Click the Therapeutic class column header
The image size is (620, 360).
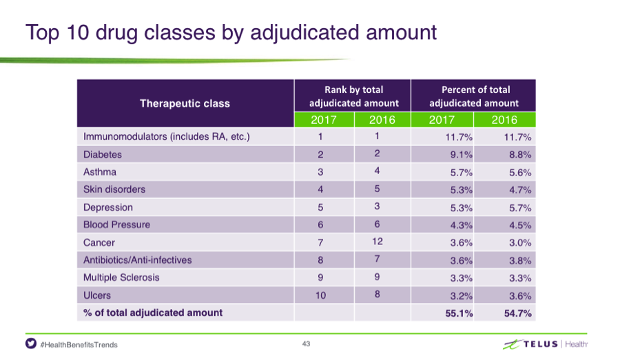pyautogui.click(x=185, y=103)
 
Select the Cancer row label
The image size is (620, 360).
pyautogui.click(x=99, y=242)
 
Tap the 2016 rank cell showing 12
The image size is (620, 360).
pyautogui.click(x=378, y=242)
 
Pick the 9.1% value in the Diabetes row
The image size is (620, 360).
pyautogui.click(x=461, y=154)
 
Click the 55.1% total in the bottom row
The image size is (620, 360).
pyautogui.click(x=459, y=313)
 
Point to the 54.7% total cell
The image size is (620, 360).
pyautogui.click(x=517, y=313)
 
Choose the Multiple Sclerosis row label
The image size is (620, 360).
pyautogui.click(x=121, y=277)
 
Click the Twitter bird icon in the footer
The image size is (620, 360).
pyautogui.click(x=31, y=343)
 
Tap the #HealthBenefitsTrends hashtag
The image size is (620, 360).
pyautogui.click(x=79, y=345)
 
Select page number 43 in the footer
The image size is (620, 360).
pyautogui.click(x=306, y=343)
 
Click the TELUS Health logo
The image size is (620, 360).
pyautogui.click(x=546, y=344)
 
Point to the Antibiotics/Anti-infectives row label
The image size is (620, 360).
pyautogui.click(x=137, y=260)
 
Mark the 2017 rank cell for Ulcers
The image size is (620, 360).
pyautogui.click(x=320, y=295)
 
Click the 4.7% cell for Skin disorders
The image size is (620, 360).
pyautogui.click(x=520, y=190)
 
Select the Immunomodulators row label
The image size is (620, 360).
pyautogui.click(x=167, y=137)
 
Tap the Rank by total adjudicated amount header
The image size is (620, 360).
pyautogui.click(x=354, y=96)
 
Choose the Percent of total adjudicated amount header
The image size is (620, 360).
pyautogui.click(x=474, y=96)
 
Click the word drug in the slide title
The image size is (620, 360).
pyautogui.click(x=117, y=33)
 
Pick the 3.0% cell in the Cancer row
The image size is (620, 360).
pyautogui.click(x=520, y=242)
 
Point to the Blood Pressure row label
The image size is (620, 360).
pyautogui.click(x=116, y=225)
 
